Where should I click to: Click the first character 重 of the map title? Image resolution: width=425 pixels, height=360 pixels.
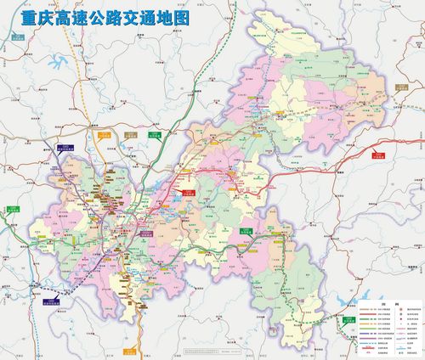point(20,18)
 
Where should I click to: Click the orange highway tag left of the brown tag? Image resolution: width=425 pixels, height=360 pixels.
point(105,134)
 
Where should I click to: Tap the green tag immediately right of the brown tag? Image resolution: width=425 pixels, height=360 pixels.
point(155,134)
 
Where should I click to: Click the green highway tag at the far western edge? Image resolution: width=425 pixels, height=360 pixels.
point(11,209)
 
